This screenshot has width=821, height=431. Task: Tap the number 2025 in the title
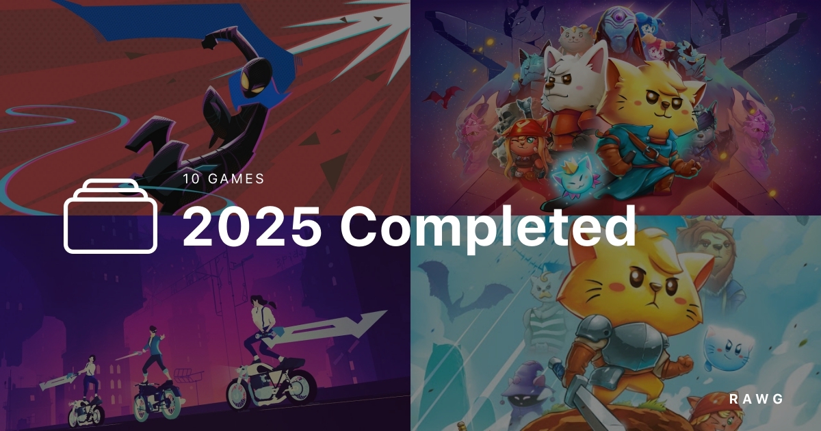(252, 227)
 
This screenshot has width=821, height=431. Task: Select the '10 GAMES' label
(224, 179)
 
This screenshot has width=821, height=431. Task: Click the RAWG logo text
(756, 399)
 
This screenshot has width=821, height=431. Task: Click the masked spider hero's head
(256, 77)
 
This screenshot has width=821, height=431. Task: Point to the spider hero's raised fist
(209, 43)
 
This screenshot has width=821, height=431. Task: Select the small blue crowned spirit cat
(575, 176)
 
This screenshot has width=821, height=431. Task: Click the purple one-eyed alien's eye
(619, 18)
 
